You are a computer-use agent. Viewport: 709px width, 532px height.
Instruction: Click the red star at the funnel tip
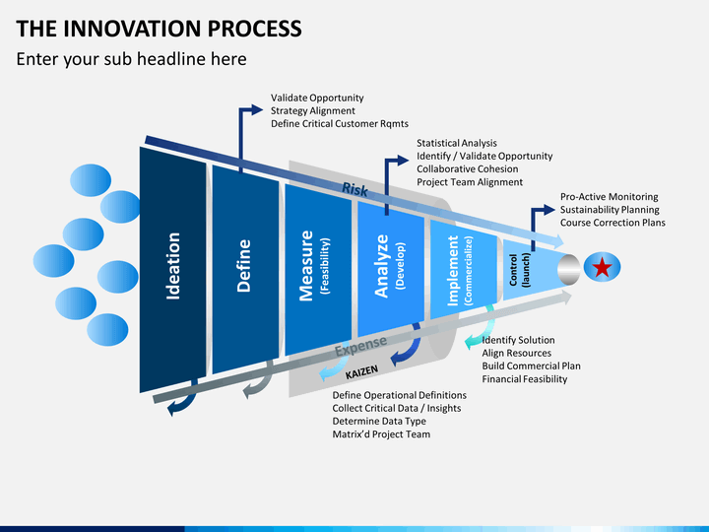[603, 267]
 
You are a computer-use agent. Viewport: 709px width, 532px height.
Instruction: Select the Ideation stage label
[173, 266]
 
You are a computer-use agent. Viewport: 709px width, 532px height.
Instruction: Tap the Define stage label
[244, 266]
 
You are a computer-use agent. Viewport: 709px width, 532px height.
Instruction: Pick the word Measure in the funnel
[306, 266]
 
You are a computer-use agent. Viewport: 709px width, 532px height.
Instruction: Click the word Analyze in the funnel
[382, 266]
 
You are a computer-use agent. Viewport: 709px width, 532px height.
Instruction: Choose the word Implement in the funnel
[453, 271]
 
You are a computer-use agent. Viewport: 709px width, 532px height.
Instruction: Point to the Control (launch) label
[519, 270]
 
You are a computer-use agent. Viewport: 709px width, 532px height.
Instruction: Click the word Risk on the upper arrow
[354, 189]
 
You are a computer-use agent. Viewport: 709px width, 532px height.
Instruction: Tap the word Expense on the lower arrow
[360, 347]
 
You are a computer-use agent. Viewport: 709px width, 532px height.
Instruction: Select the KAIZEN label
[361, 371]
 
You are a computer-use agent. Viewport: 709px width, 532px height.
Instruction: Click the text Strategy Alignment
[313, 110]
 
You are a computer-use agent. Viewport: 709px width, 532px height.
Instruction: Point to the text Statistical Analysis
[457, 143]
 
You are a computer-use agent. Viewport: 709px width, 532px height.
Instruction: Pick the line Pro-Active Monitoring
[610, 197]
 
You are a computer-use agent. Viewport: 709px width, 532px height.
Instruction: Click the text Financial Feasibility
[525, 379]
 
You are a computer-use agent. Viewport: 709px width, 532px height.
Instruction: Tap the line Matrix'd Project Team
[381, 434]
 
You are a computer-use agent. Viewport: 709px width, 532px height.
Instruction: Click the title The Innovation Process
[159, 29]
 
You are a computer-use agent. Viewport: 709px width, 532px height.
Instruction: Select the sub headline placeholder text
[131, 59]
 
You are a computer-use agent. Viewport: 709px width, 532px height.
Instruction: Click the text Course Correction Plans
[612, 223]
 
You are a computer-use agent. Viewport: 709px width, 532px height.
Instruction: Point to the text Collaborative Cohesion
[468, 169]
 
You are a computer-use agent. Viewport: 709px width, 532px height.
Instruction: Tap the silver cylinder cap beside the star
[569, 270]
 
